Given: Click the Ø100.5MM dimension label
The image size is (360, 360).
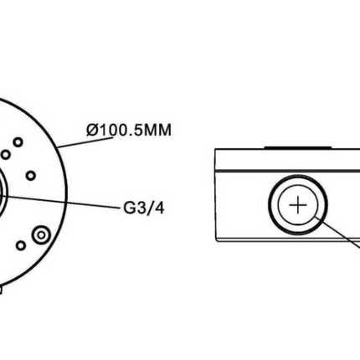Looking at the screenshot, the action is coord(129,130).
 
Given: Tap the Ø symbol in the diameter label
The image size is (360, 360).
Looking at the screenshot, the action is coord(92,130).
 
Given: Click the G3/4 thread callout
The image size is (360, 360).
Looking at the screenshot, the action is coord(144,208).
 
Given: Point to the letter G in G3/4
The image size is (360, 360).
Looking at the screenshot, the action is coord(129,208).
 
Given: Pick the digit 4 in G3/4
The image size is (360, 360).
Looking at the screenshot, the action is coord(159,208).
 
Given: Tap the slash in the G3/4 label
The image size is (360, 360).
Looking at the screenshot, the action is coord(150,208).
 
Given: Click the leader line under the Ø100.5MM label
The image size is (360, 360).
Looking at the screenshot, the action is coord(86,142).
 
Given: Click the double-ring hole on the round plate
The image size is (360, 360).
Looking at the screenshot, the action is coord(41,235).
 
